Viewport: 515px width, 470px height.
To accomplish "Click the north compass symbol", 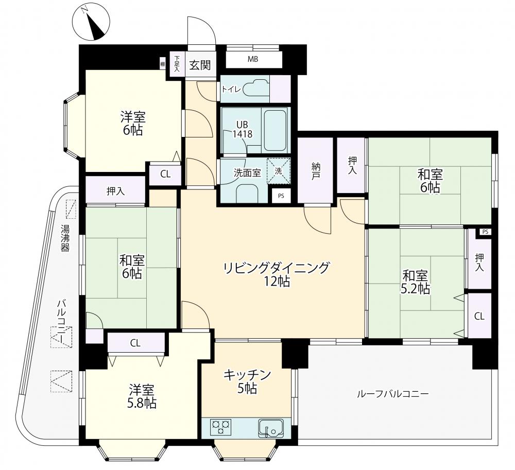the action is point(91,22).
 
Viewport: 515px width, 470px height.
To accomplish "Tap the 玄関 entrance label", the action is point(200,65).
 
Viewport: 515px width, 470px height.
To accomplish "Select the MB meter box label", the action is point(253,59).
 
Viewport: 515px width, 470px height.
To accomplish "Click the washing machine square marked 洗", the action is point(279,171).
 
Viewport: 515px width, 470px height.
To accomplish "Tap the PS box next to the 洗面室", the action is point(281,196).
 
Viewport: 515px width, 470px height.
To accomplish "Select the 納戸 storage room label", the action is point(316,171).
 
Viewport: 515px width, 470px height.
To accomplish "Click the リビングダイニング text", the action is point(276,268).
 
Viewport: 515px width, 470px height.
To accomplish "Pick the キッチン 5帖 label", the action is point(247,381).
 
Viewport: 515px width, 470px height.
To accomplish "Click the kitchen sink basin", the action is point(271,428).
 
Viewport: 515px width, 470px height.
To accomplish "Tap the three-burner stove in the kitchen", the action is point(221,427).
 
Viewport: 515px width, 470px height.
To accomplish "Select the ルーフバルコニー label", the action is point(393,393).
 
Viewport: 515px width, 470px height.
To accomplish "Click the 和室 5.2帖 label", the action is point(415,282).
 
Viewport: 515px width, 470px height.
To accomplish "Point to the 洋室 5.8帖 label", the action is point(142,396).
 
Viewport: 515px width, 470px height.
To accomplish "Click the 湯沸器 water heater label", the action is point(65,238).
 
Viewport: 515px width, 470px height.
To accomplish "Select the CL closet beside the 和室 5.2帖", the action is point(479,316).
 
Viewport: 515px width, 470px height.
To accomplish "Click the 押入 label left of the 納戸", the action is point(115,192).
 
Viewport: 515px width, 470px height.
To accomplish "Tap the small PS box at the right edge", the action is point(485,232).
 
